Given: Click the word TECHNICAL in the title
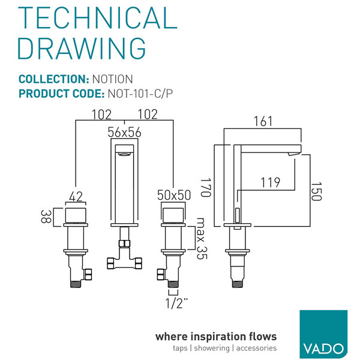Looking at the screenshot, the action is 98,17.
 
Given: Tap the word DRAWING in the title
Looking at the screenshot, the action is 82,49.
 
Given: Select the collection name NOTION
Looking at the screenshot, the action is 113,79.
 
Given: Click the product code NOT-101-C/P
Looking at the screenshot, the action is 140,94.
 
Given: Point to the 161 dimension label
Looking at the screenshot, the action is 263,121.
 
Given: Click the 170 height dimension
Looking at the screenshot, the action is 205,187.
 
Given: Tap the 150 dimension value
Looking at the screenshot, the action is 316,191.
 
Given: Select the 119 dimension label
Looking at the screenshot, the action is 270,182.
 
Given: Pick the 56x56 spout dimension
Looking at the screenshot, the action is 124,132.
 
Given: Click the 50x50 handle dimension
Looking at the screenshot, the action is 174,196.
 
